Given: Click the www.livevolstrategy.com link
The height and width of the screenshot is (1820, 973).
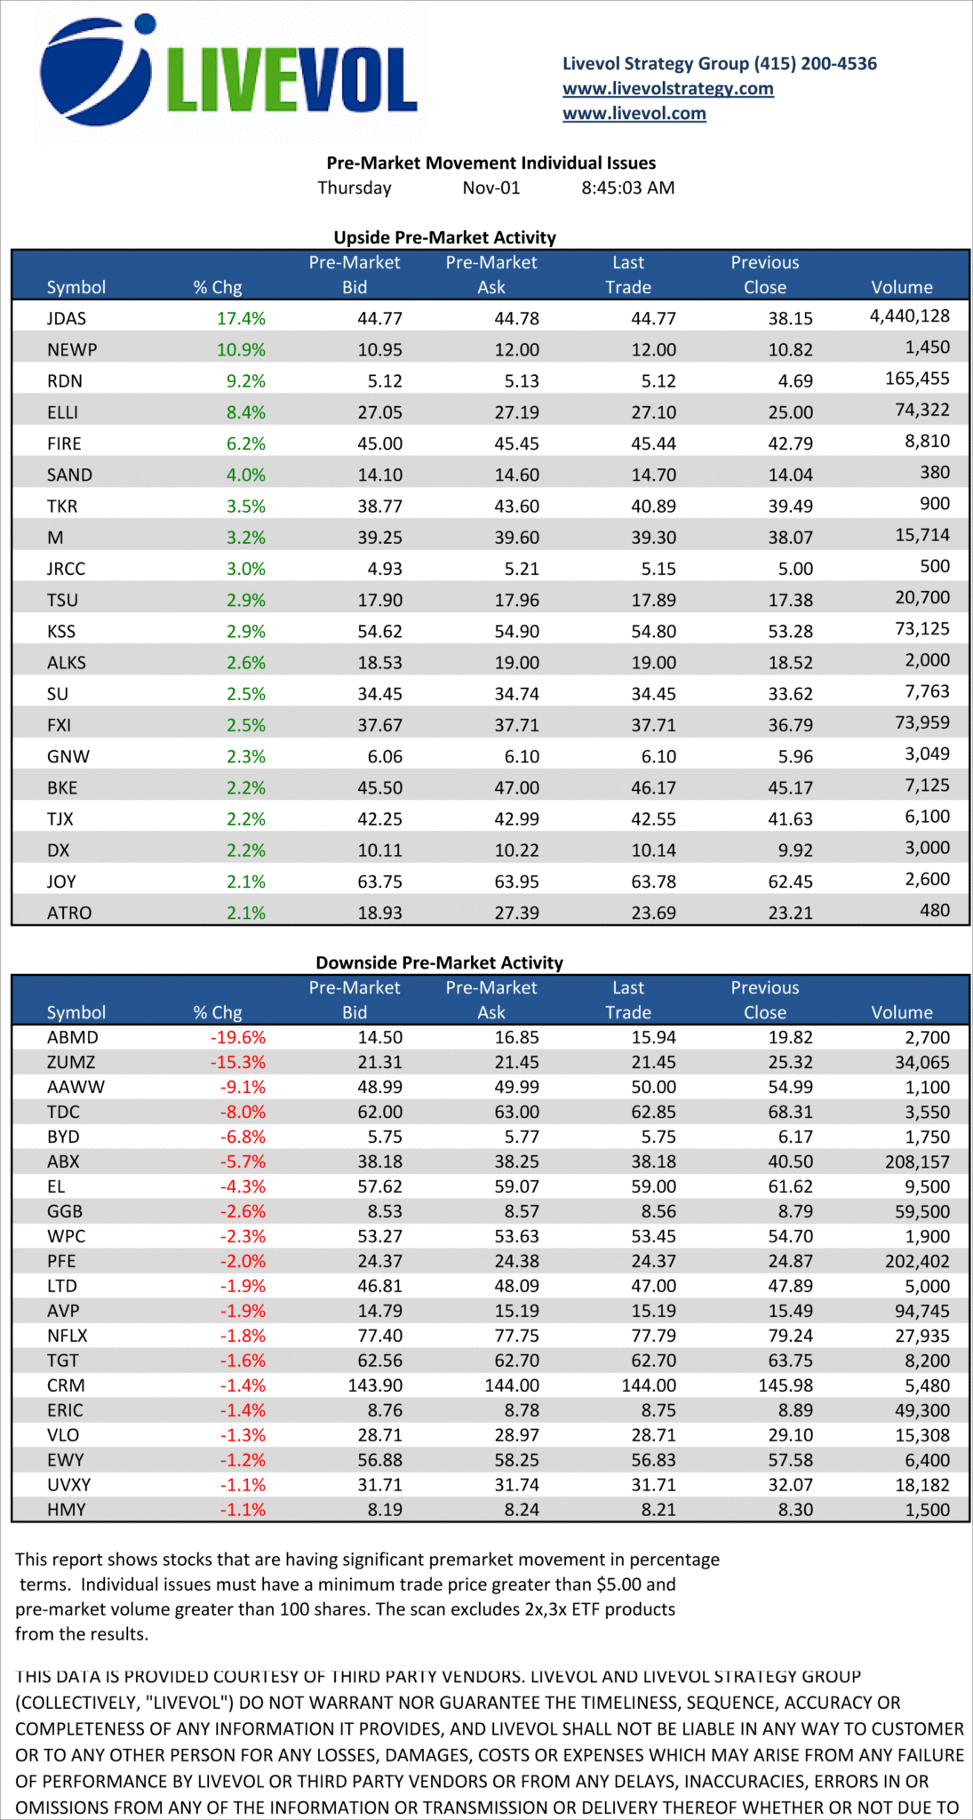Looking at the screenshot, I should pos(667,89).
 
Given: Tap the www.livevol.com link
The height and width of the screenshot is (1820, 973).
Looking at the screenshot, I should pos(634,114).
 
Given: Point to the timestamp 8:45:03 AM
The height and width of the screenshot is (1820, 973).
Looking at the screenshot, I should pos(627,188).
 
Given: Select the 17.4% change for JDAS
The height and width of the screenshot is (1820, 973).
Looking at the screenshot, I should pos(241,318).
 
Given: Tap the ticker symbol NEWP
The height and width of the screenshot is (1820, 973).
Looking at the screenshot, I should pos(72,350).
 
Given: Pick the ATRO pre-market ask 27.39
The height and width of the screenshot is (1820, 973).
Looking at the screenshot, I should pos(516,913).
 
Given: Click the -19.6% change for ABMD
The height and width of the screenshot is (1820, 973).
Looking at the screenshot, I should pos(237,1038).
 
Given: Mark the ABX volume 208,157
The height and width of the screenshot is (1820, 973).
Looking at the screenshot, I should pos(917,1161).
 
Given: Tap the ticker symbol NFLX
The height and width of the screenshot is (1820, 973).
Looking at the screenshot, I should pos(68,1336).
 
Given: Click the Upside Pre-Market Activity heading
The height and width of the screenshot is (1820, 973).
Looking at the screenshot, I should pos(444,237).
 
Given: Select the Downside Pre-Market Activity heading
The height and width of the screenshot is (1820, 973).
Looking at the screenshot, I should pos(439,962).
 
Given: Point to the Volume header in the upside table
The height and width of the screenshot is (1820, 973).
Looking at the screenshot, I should pos(901,287).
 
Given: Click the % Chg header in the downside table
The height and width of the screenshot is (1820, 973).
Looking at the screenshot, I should pos(218,1012).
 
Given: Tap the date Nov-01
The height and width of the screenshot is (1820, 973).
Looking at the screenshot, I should pos(490,188).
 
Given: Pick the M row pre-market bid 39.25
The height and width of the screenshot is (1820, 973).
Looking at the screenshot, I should pos(379,538).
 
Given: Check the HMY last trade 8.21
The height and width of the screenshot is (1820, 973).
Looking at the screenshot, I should pos(658,1510).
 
